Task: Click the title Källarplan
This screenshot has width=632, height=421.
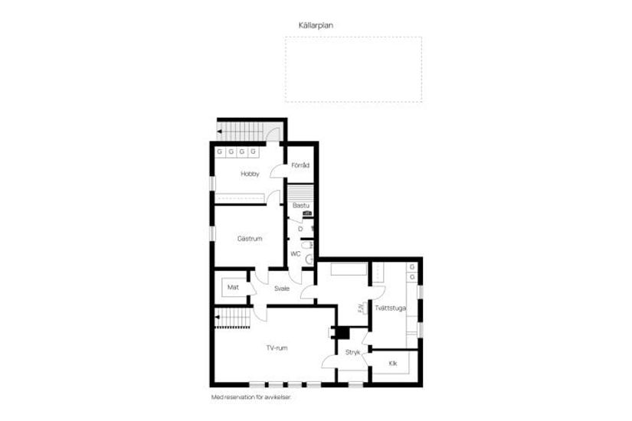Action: pyautogui.click(x=316, y=25)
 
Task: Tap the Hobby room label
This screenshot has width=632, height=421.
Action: pyautogui.click(x=250, y=174)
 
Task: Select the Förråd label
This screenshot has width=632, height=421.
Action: pyautogui.click(x=300, y=165)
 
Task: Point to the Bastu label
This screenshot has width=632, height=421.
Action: pyautogui.click(x=300, y=205)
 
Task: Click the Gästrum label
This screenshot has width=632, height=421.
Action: pyautogui.click(x=250, y=239)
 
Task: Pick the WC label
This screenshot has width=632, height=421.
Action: pyautogui.click(x=296, y=254)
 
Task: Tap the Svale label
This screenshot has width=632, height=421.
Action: pyautogui.click(x=282, y=288)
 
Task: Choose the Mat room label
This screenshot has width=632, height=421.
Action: pyautogui.click(x=233, y=287)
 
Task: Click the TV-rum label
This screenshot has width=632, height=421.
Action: pyautogui.click(x=277, y=348)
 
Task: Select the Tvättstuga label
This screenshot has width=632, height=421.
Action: pyautogui.click(x=390, y=308)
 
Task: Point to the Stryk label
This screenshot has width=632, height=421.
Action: pyautogui.click(x=352, y=353)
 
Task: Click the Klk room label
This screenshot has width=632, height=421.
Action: pyautogui.click(x=393, y=363)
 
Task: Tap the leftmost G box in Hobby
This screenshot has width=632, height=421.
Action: pyautogui.click(x=219, y=152)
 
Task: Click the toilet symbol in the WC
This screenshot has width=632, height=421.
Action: pyautogui.click(x=309, y=260)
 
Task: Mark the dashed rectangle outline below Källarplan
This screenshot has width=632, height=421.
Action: pyautogui.click(x=353, y=69)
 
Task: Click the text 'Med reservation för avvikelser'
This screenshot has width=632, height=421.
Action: pyautogui.click(x=251, y=397)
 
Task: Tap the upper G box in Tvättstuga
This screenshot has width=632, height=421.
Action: pyautogui.click(x=412, y=266)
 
